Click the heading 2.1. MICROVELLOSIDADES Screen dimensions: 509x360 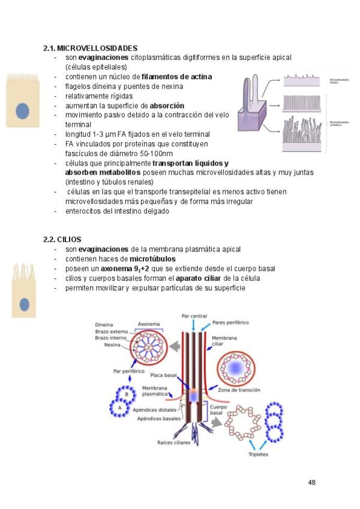91,48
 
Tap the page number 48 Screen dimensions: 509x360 311,483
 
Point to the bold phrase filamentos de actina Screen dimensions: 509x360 176,77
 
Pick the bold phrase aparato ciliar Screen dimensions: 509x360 199,278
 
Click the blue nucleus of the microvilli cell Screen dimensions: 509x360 23,111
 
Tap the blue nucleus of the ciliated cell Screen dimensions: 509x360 25,304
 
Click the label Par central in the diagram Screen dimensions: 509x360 194,316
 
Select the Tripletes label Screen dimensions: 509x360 258,454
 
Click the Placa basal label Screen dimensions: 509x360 162,375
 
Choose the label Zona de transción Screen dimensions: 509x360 239,390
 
